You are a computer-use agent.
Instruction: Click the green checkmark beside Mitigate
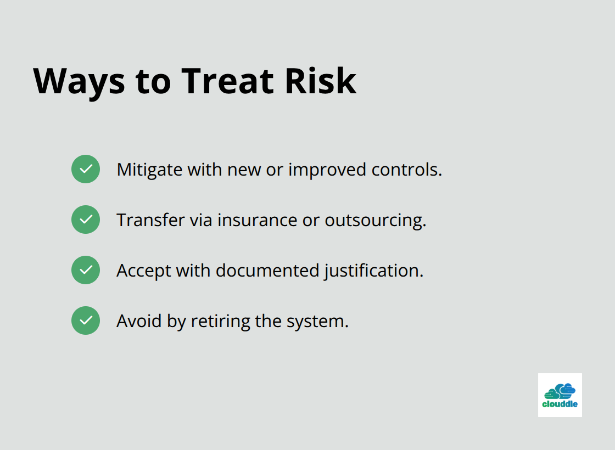[86, 169]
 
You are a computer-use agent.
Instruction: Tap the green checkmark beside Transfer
[86, 220]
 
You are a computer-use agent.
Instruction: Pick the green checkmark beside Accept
[86, 270]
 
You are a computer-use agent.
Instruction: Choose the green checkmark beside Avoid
[86, 320]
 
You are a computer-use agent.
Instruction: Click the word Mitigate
[149, 170]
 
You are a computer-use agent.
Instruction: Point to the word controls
[406, 170]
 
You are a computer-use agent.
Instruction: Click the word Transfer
[150, 220]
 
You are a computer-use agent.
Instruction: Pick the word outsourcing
[375, 220]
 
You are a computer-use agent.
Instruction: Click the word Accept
[144, 271]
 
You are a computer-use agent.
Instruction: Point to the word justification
[373, 271]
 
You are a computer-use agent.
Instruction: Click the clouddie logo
[560, 395]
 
